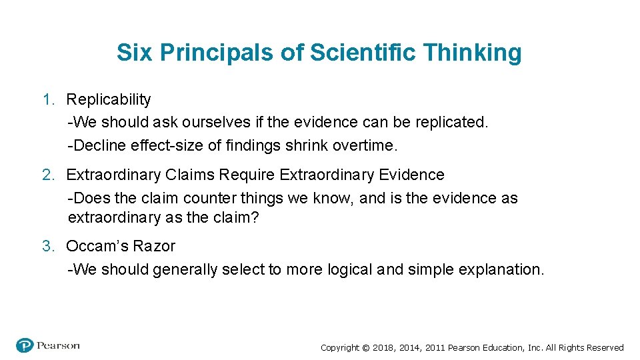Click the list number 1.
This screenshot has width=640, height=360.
click(x=47, y=99)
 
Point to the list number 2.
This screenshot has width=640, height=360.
click(x=47, y=175)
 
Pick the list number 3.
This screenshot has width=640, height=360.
click(x=47, y=246)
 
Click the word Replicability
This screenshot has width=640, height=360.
click(x=109, y=99)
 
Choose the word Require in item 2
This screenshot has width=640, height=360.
click(x=247, y=175)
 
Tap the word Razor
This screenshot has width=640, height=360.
click(x=153, y=246)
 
